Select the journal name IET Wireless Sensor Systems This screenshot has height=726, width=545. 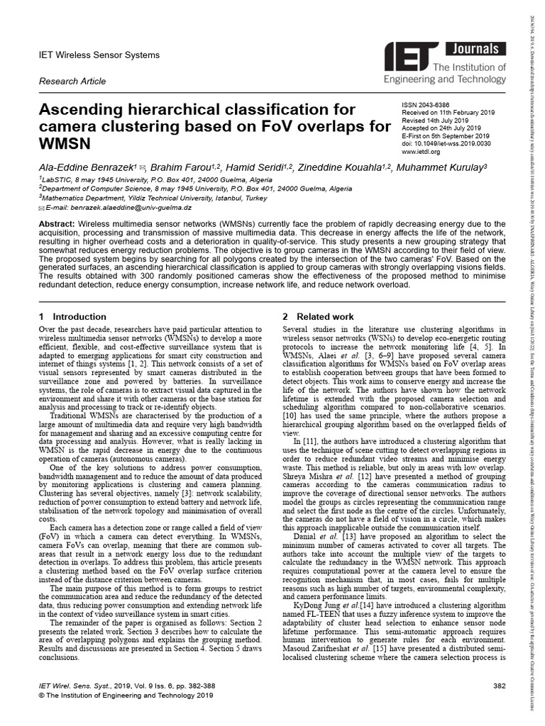pyautogui.click(x=99, y=55)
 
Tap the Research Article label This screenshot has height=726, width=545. pyautogui.click(x=72, y=82)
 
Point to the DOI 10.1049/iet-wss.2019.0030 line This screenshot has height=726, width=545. pyautogui.click(x=446, y=144)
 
